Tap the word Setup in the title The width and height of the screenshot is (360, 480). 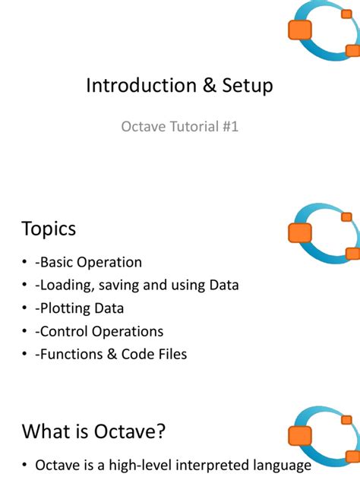245,86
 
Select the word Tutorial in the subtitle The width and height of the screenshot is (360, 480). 192,127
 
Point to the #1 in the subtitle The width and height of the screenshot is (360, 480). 229,127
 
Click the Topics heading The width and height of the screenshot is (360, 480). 49,229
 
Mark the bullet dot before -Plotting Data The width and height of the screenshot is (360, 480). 26,309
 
